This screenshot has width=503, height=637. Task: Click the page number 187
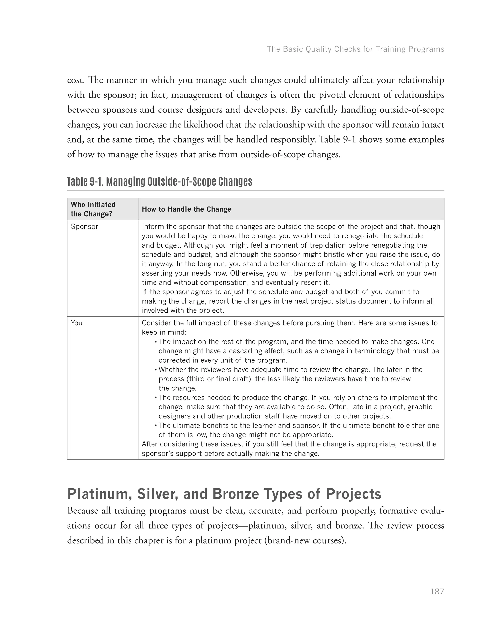[437, 591]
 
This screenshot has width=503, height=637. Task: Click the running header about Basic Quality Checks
[355, 49]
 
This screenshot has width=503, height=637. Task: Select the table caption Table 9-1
[159, 181]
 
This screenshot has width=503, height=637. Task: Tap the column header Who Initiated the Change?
[93, 209]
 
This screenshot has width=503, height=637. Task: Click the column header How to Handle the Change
[186, 209]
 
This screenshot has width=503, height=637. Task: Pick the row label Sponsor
[84, 226]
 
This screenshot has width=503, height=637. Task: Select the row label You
[77, 323]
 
